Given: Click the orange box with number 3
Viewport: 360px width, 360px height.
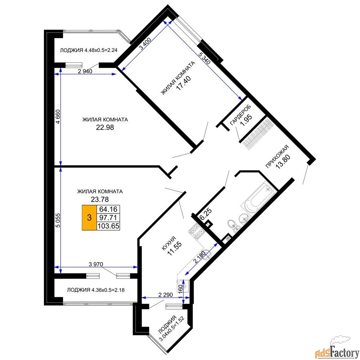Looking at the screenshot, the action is coord(89,217).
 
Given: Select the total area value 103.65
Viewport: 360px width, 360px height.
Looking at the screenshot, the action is coord(108,226).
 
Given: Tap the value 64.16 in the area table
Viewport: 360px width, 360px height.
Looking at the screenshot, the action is coord(108,209).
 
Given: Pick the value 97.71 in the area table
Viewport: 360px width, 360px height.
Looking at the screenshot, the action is coord(108,217).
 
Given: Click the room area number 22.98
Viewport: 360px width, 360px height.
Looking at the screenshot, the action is coord(105,127).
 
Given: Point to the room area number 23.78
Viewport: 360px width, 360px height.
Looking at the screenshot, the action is coord(100,199).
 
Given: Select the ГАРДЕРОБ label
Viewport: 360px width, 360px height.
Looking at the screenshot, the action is coord(240,115).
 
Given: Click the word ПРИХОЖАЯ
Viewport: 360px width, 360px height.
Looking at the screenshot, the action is coord(276,157).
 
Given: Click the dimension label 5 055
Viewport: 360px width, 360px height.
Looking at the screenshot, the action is coord(58,220).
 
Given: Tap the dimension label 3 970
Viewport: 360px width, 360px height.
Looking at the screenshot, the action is coord(96,264).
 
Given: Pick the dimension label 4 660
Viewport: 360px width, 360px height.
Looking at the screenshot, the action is coord(58,117).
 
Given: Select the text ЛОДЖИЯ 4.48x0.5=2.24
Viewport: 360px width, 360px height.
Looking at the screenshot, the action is coord(89,50).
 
